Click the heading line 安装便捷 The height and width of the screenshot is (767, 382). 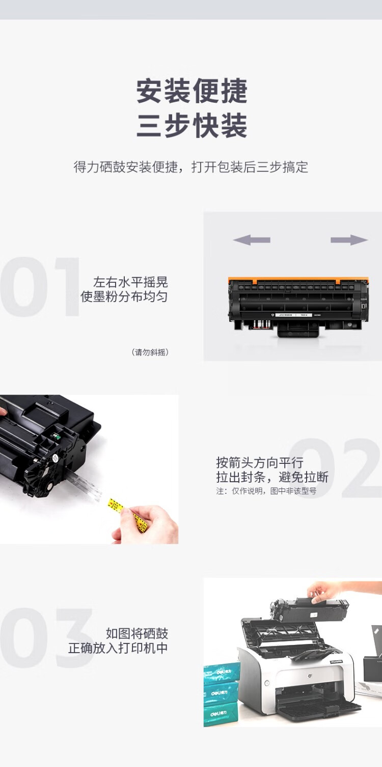pos(192,91)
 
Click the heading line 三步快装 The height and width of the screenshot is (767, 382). pos(192,126)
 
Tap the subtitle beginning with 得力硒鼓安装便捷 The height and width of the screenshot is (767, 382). pos(190,167)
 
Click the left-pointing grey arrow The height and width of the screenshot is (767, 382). pos(252,240)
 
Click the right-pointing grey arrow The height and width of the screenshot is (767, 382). pos(349,240)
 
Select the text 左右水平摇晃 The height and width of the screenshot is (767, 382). pos(130,282)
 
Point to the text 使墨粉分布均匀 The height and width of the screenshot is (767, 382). pos(124,297)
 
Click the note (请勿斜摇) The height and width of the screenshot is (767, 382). pos(150,352)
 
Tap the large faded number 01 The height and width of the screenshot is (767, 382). pos(40,286)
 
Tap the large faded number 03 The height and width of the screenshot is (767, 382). pos(46,638)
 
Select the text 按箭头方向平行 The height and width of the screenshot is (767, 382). pos(260,463)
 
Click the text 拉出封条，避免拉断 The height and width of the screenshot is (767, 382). pos(272,477)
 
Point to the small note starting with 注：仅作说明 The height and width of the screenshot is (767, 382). pos(266,491)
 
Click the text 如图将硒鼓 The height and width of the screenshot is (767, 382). pos(137,633)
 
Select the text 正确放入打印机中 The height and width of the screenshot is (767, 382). pos(118,648)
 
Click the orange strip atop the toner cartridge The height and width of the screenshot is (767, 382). pos(298,280)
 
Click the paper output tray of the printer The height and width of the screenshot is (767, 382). pos(319,710)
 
